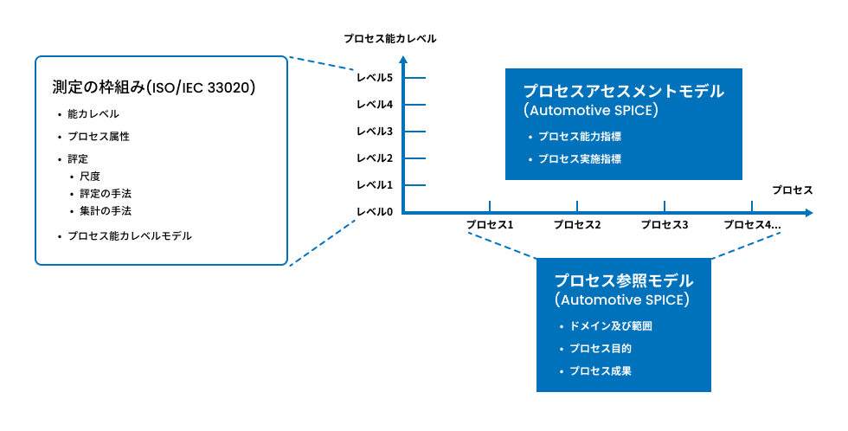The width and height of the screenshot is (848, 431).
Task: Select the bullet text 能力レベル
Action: [93, 114]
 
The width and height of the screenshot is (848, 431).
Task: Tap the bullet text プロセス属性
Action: [99, 137]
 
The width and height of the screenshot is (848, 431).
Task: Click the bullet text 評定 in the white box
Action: [78, 159]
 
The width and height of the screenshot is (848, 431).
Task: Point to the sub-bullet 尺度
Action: [89, 177]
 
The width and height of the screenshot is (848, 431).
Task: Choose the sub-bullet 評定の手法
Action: [106, 193]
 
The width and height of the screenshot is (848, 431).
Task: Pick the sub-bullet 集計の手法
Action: [106, 210]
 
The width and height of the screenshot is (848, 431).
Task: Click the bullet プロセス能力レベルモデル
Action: [130, 235]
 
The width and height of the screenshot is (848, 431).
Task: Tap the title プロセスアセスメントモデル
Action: [623, 91]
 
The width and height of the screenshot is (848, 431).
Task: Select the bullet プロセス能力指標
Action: [580, 137]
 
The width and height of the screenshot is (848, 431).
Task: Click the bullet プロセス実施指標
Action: [580, 159]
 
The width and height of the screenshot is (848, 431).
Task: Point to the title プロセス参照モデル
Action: [623, 280]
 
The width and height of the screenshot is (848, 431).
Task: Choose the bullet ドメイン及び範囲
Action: [610, 326]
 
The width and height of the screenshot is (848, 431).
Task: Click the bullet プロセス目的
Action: [600, 349]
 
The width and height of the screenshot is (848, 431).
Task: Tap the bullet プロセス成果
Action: [600, 371]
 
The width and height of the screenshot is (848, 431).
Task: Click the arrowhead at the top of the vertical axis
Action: [403, 59]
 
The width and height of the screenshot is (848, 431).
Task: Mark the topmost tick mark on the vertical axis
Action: [414, 78]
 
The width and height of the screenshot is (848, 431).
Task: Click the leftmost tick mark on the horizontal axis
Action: [490, 207]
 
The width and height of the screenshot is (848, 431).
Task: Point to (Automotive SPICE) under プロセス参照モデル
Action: [622, 300]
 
